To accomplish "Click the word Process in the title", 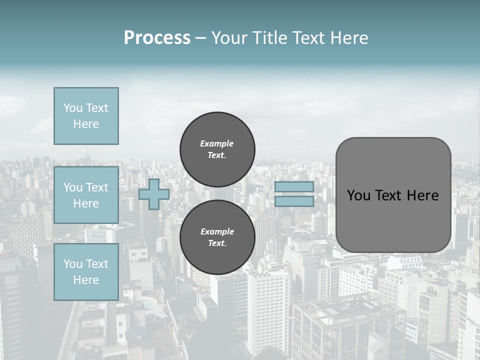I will tap(157, 38).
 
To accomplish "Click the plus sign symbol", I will tap(154, 194).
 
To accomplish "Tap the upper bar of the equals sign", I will tap(294, 186).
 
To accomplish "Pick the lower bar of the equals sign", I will tap(294, 201).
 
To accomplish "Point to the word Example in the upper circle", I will tap(217, 143).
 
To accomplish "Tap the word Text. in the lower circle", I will tap(217, 243).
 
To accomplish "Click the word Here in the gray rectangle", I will tap(423, 195).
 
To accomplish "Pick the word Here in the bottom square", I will tap(86, 280).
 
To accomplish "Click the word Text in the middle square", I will tap(96, 187).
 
